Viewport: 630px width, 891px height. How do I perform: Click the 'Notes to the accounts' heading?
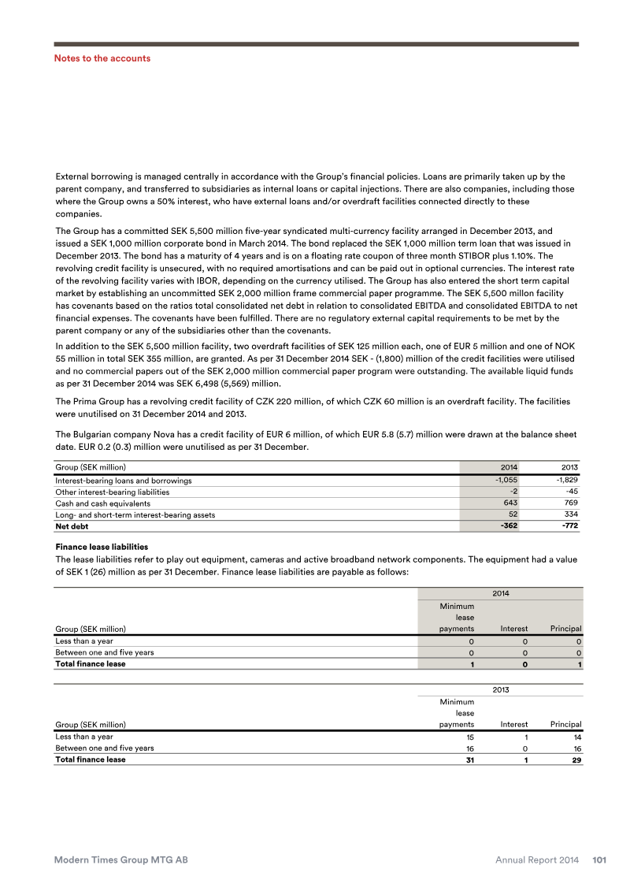click(x=102, y=58)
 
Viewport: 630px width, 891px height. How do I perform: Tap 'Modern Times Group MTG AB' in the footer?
click(x=120, y=860)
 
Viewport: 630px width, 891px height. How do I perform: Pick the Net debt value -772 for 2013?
click(x=568, y=525)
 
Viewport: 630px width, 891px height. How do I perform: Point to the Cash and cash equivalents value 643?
click(x=510, y=503)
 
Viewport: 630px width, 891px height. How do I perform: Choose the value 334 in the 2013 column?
click(x=571, y=514)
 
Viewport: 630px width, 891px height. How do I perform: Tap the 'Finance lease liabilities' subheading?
click(x=101, y=546)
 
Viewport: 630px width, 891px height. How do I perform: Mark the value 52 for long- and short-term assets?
click(x=513, y=514)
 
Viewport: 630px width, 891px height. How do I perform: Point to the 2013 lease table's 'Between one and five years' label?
click(x=104, y=748)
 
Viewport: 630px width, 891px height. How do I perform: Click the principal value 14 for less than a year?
click(x=576, y=737)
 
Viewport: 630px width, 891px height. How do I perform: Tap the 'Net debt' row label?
click(x=72, y=525)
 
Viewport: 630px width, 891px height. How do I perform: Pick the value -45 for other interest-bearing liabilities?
click(x=571, y=492)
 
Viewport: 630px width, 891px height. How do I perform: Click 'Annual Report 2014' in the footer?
click(x=539, y=860)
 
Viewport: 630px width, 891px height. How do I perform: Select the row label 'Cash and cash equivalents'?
click(x=102, y=503)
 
